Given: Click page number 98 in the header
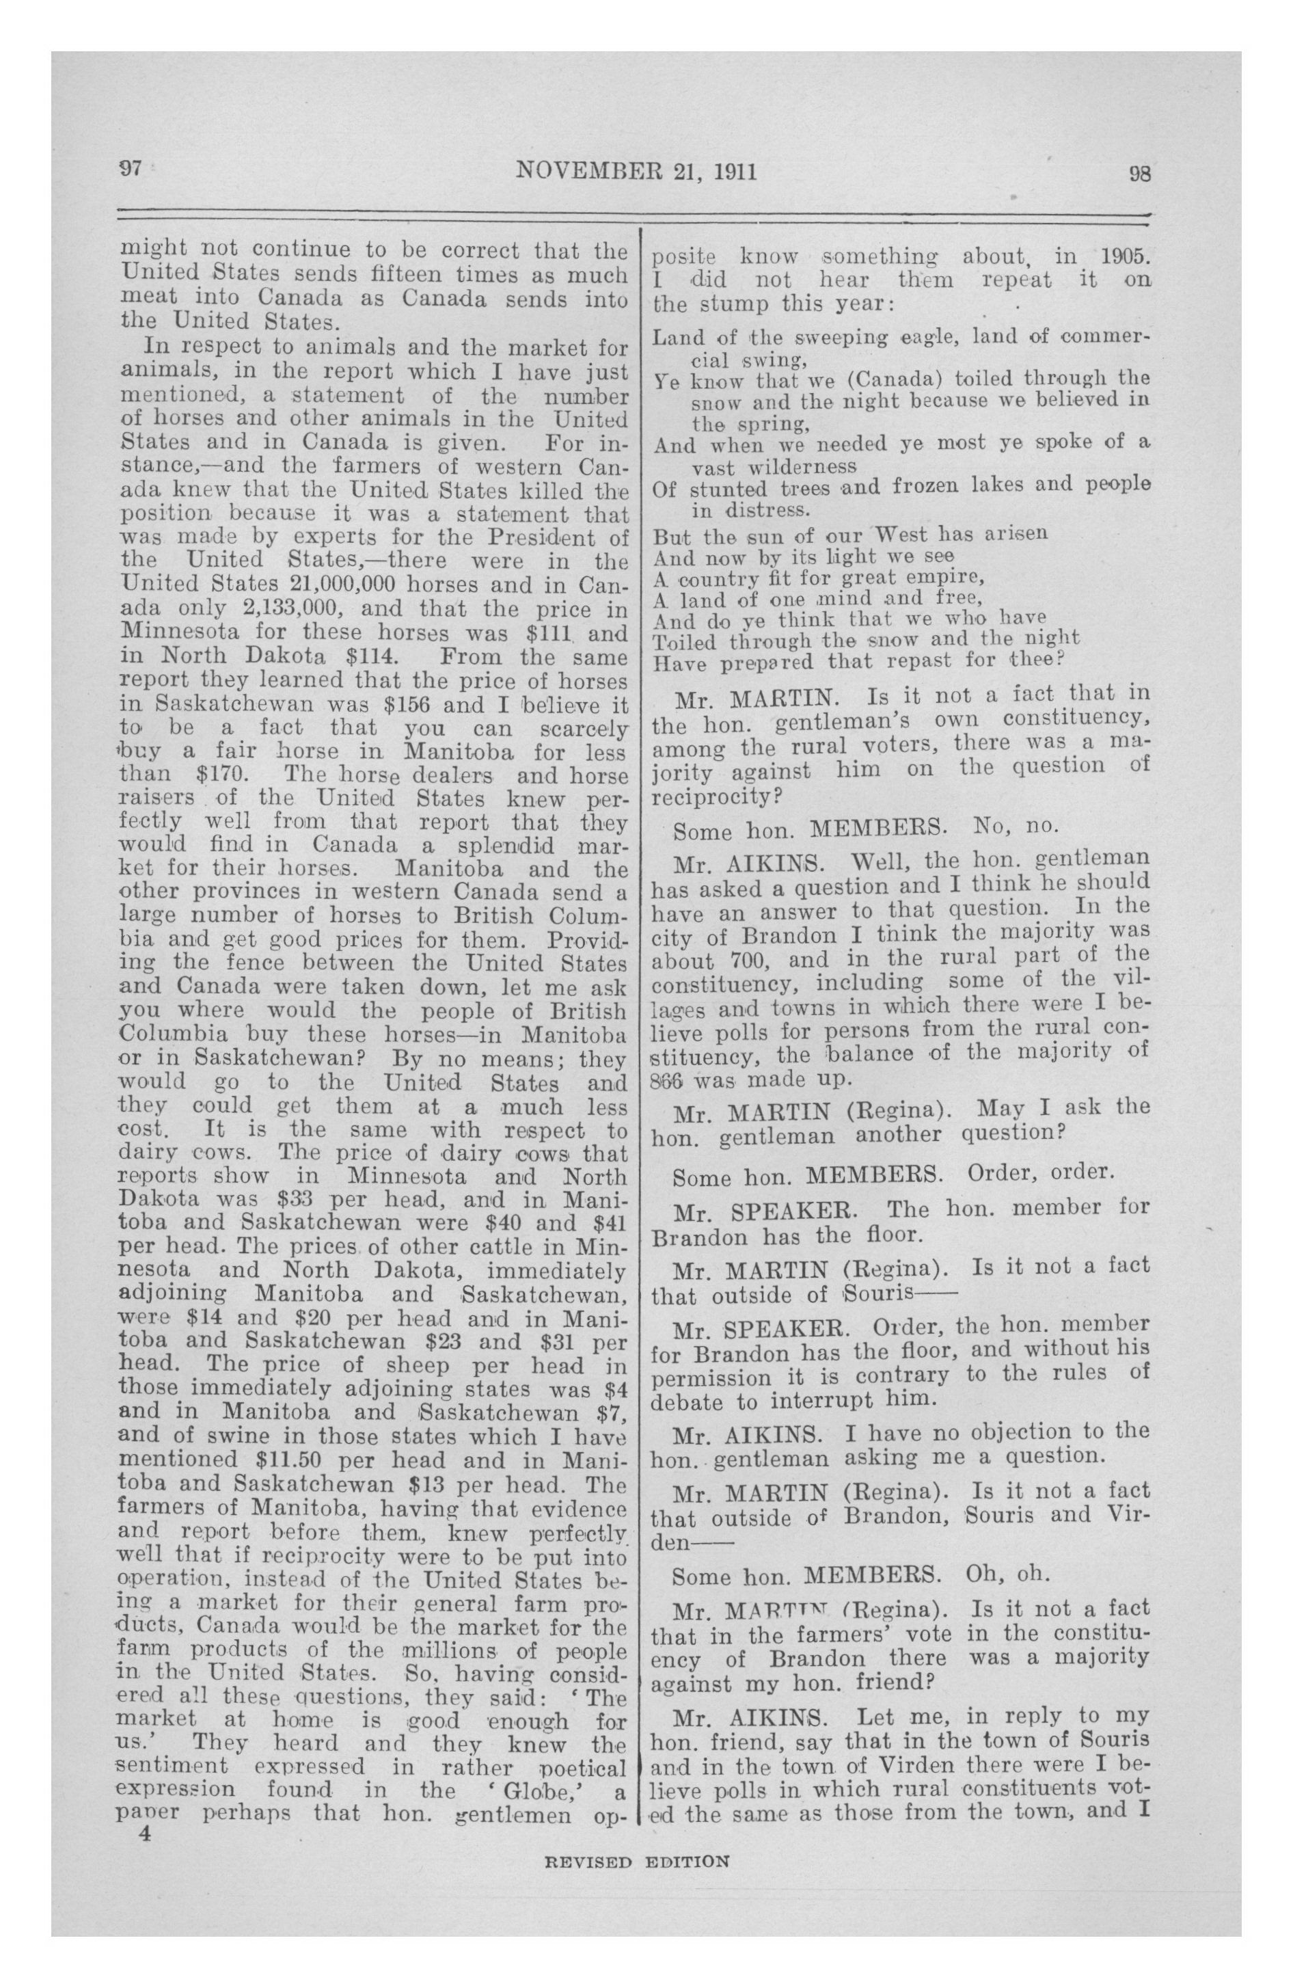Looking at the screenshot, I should [x=1139, y=174].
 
